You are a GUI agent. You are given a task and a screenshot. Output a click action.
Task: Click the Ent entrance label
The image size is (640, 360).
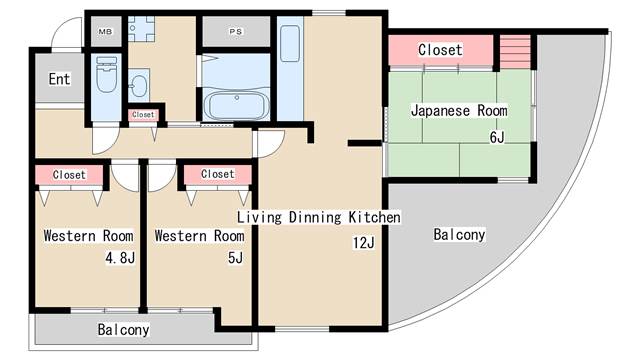pos(58,79)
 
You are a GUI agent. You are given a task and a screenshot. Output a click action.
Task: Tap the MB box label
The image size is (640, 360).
pos(104,31)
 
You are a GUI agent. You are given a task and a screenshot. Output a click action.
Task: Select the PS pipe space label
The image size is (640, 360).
pos(236,31)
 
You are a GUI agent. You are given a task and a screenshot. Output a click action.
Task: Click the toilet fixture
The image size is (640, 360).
pos(106,75)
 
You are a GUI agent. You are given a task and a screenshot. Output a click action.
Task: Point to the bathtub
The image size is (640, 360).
pos(235,105)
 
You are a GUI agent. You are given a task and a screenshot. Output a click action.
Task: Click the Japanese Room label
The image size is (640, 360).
pos(458,110)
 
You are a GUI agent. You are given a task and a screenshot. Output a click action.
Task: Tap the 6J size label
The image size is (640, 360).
pos(497,136)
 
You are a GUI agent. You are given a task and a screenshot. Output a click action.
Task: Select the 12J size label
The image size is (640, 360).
pos(362,242)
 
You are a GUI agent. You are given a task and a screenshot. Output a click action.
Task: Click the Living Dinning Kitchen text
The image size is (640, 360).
pos(318,217)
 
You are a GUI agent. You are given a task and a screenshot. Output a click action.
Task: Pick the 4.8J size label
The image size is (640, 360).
pos(120,257)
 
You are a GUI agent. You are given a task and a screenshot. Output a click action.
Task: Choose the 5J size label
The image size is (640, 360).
pos(235,257)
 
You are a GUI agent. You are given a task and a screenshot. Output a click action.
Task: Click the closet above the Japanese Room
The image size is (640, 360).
pos(440,49)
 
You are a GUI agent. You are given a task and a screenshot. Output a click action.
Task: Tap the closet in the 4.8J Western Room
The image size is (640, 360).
pos(69,175)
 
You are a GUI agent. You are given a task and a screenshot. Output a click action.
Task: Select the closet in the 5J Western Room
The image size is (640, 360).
pos(217,175)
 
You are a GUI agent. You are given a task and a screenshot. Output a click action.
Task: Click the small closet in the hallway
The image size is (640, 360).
pos(143,115)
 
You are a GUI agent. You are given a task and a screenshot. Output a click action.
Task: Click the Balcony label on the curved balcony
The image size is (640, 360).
pos(459,236)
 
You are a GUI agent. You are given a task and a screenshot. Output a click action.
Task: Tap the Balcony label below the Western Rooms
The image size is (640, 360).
pos(123,329)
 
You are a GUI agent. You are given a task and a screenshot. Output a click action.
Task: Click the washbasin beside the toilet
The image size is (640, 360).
pos(140,84)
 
